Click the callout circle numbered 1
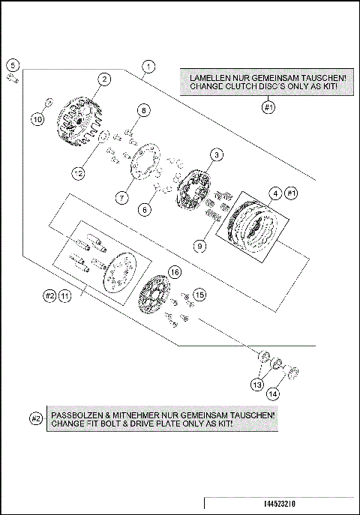(148, 67)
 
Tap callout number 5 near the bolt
(13, 65)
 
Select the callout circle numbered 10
(37, 119)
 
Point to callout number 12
(79, 173)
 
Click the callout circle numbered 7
(121, 198)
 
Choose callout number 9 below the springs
(200, 246)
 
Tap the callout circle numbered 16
(175, 272)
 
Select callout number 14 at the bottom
(273, 394)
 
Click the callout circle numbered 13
(257, 385)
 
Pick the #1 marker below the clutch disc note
(268, 107)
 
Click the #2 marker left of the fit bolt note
(36, 419)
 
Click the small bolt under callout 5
(13, 79)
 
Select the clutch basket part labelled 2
(79, 122)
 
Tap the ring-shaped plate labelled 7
(145, 162)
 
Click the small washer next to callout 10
(49, 103)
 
